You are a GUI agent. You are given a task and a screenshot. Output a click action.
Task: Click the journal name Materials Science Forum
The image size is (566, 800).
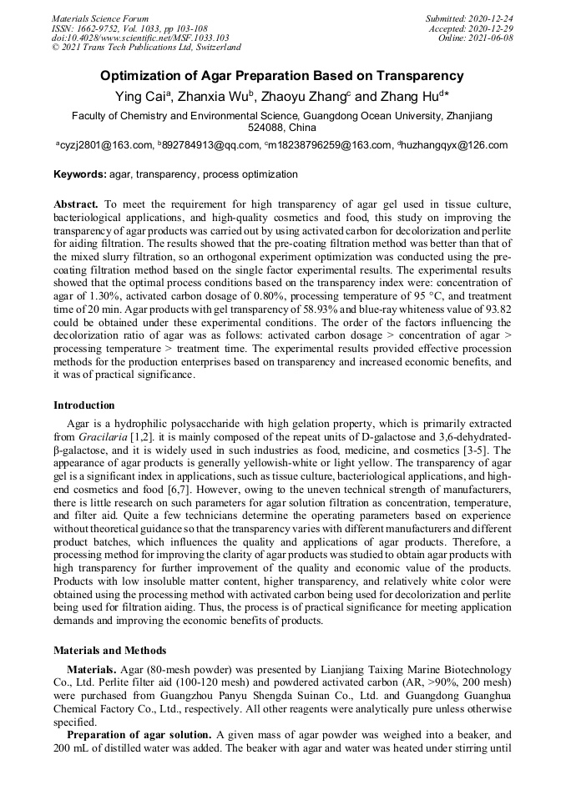pyautogui.click(x=100, y=18)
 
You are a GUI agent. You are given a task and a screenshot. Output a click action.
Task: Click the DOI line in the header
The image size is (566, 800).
pyautogui.click(x=140, y=38)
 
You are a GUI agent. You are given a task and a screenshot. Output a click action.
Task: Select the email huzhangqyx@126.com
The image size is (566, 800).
pyautogui.click(x=454, y=145)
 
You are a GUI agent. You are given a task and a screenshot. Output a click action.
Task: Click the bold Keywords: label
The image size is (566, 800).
pyautogui.click(x=80, y=174)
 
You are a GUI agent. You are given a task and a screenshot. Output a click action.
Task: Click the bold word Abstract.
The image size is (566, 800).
pyautogui.click(x=76, y=204)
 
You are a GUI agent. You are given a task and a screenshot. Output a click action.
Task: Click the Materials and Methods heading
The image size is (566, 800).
pyautogui.click(x=110, y=650)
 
